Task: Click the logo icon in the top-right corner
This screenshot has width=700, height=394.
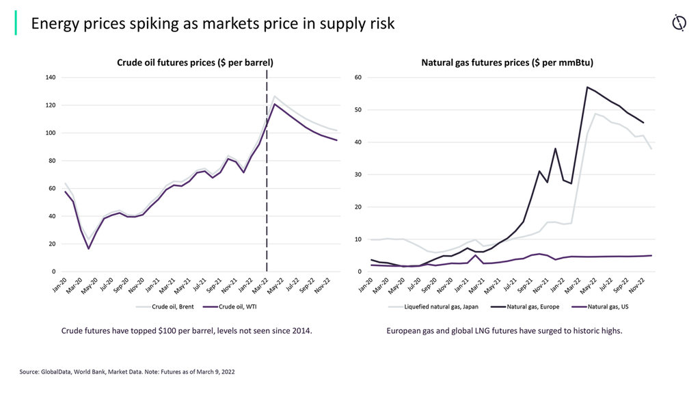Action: tap(678, 23)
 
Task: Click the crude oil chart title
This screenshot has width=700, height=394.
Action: tap(195, 62)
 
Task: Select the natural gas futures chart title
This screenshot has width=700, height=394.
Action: tap(507, 62)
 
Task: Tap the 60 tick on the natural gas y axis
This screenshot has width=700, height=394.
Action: tap(358, 77)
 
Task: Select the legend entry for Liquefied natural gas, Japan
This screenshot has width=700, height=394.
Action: tap(431, 307)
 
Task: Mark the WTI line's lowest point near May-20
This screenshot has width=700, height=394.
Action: tap(89, 248)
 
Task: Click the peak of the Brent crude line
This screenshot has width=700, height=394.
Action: tap(275, 96)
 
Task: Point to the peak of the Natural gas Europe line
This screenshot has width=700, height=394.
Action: tap(587, 87)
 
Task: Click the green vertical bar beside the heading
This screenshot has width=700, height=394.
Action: tap(16, 23)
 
